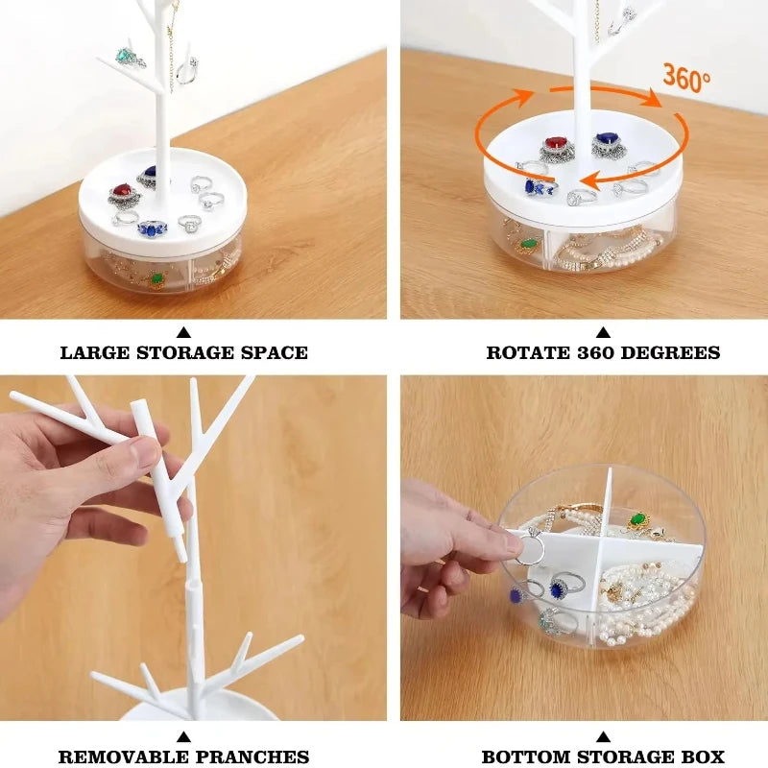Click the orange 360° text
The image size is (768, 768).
[685, 77]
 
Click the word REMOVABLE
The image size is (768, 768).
[111, 756]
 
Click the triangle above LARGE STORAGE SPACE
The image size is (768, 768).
[183, 332]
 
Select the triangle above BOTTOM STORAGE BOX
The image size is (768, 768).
[604, 737]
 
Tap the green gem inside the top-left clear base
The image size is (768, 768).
[156, 279]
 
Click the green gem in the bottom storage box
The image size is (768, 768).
[638, 519]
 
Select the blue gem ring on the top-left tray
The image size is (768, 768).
[153, 228]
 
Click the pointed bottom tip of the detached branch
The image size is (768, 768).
[181, 559]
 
